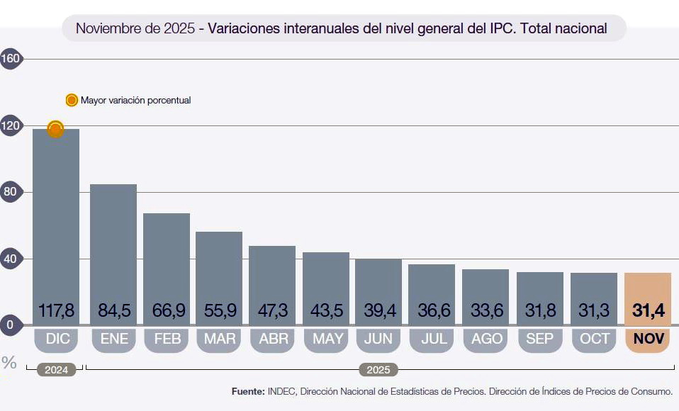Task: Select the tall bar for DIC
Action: [55, 213]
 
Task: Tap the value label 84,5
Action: [113, 310]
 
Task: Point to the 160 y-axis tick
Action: [10, 59]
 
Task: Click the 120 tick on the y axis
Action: [10, 125]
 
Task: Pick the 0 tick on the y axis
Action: [10, 325]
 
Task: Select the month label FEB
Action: [167, 339]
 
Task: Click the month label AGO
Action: [487, 339]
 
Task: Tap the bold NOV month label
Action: [649, 339]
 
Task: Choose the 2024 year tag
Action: [55, 369]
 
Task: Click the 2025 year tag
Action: [378, 369]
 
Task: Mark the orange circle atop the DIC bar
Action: [55, 129]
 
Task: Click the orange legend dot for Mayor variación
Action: [72, 100]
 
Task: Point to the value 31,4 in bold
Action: [648, 310]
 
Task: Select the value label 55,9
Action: [219, 310]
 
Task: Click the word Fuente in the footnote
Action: [248, 391]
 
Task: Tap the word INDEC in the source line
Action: [282, 391]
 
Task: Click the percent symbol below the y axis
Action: [9, 363]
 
